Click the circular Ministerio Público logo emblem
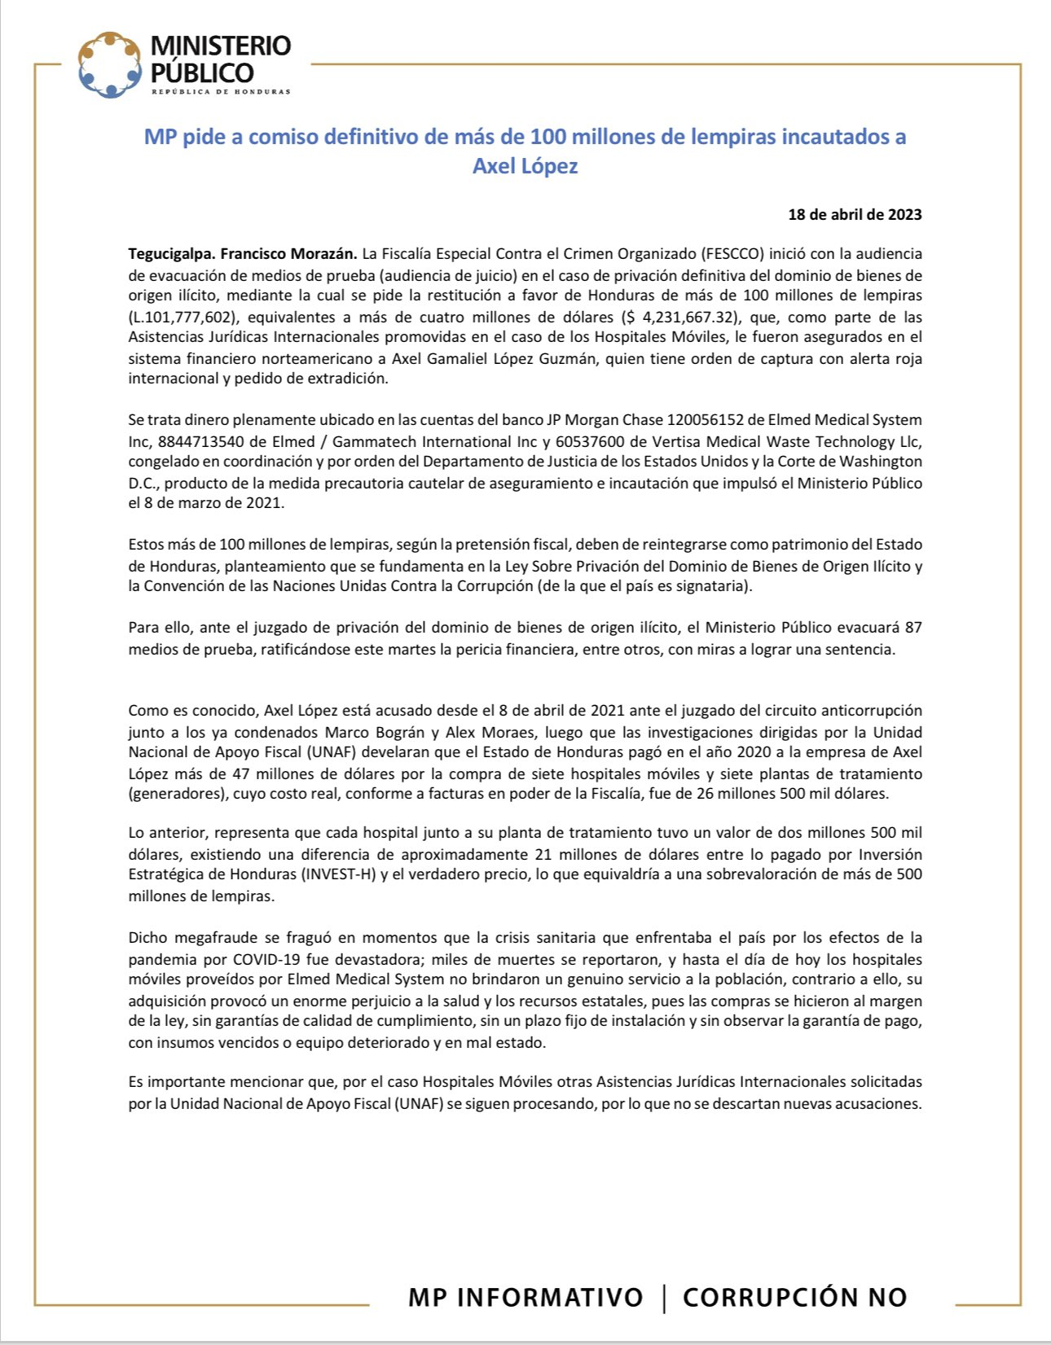coord(109,64)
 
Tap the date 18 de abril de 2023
coord(855,215)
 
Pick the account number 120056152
coord(704,420)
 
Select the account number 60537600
coord(590,441)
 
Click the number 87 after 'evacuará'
coord(912,628)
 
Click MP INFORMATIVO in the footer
coord(525,1297)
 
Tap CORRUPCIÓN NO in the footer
coord(794,1297)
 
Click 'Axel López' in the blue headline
coord(525,166)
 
